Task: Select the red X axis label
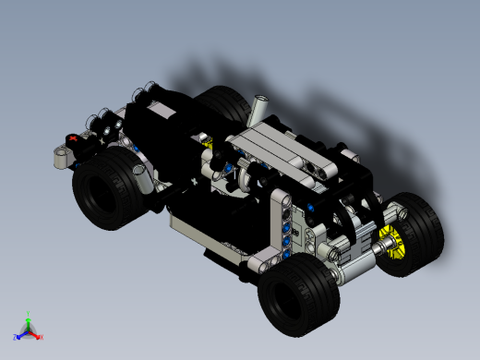42,337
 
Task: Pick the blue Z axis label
16,338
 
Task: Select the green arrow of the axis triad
29,322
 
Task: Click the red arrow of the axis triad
36,334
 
